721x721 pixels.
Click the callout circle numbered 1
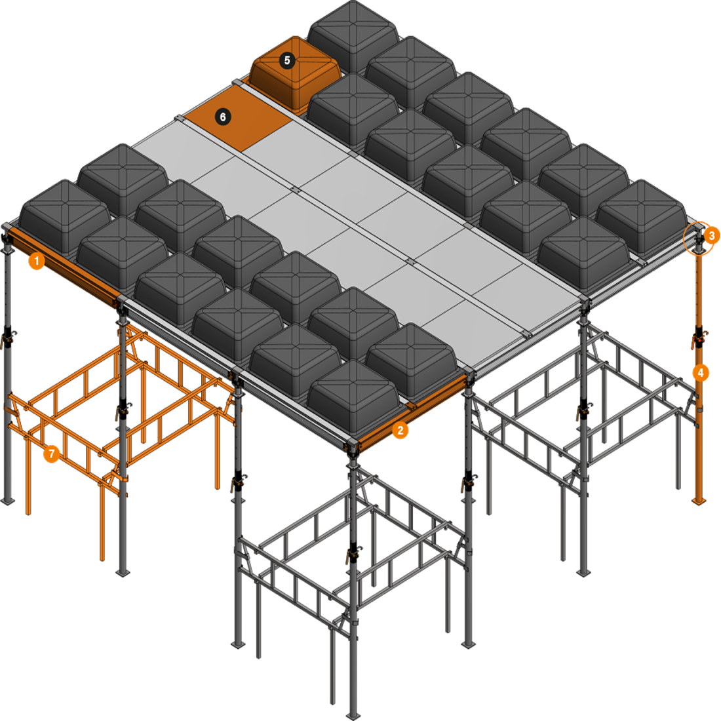(x=37, y=261)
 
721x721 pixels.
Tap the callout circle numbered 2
(x=400, y=431)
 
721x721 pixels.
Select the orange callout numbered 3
(x=712, y=236)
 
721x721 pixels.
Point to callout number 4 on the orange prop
(x=701, y=372)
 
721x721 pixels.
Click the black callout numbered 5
(x=287, y=60)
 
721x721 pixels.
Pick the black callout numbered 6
(x=223, y=117)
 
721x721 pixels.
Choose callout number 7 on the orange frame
(x=52, y=454)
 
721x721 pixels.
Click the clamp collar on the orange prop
(x=699, y=338)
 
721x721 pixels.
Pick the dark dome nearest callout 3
(x=642, y=216)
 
